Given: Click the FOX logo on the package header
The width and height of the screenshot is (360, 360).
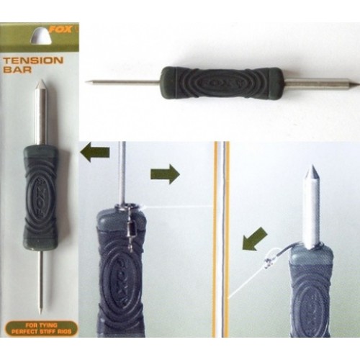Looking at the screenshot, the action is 60,30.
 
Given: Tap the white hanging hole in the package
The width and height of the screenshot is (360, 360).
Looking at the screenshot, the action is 41,36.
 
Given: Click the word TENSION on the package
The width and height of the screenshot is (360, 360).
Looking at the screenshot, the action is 33,60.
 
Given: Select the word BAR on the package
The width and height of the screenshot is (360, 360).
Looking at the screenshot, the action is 17,70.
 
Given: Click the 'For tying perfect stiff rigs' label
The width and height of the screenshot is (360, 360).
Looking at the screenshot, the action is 41,328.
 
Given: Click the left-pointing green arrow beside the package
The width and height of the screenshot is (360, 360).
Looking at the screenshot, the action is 95,152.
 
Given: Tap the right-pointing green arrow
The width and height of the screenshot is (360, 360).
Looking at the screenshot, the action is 165,174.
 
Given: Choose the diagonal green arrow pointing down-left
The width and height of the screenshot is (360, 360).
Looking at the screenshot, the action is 255,239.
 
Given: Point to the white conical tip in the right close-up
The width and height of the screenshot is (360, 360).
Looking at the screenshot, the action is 312,172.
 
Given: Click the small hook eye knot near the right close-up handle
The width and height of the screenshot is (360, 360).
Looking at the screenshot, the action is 269,262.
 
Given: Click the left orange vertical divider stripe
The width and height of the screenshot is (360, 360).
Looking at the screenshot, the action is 216,240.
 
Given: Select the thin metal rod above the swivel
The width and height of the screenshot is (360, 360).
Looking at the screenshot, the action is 123,172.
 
